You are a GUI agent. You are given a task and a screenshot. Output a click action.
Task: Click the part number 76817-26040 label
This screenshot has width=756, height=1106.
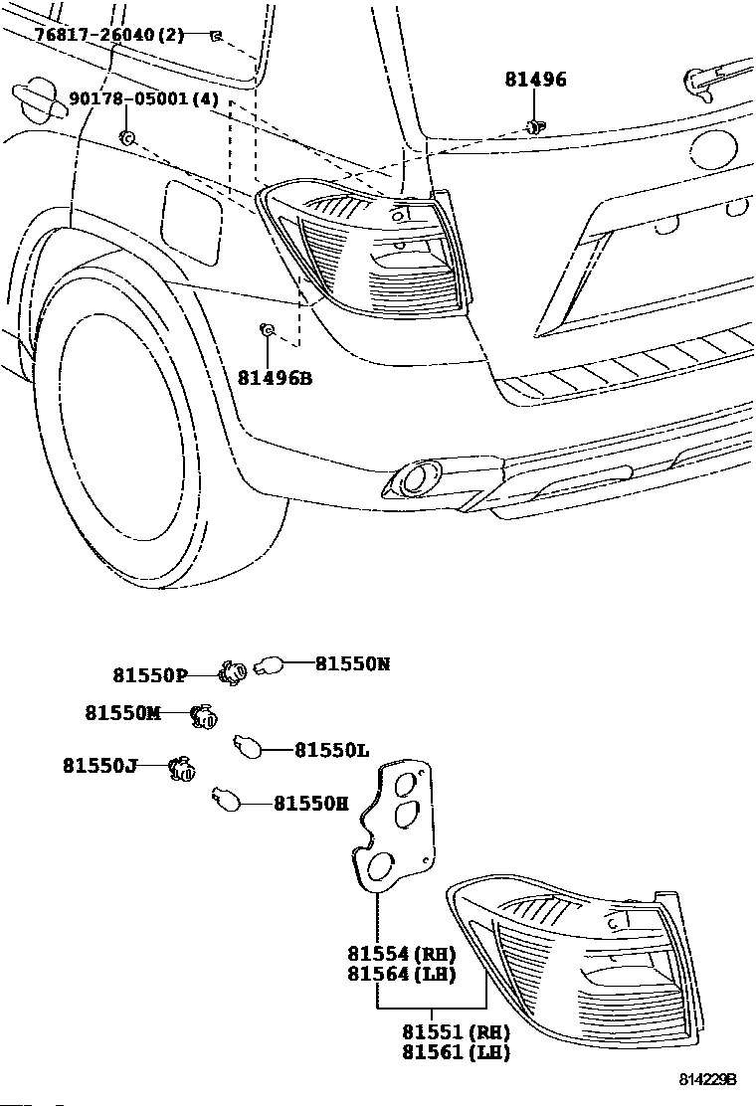[94, 34]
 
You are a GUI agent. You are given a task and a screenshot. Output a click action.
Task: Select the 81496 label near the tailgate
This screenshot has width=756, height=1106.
[535, 79]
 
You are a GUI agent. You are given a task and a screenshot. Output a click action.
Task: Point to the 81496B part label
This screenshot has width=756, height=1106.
[275, 378]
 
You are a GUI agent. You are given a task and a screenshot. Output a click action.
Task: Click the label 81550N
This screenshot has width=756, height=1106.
[352, 663]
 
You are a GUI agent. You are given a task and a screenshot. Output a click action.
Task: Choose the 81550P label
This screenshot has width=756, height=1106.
[150, 675]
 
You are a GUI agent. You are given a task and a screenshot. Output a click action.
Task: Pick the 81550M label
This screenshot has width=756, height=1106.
[122, 713]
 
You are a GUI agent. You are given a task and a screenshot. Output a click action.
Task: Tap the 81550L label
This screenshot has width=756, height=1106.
[331, 751]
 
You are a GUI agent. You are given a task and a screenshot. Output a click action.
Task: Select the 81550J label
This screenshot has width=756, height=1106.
[99, 765]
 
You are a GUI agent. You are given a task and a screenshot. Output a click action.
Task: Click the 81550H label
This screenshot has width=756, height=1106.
[311, 804]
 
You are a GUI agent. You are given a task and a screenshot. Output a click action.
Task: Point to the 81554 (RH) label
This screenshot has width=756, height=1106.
[401, 954]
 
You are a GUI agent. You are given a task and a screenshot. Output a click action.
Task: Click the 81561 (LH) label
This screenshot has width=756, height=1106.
[456, 1051]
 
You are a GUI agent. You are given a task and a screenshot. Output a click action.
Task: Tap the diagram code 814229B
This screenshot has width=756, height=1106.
[708, 1080]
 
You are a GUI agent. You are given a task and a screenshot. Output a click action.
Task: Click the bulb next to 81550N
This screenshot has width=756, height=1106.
[269, 664]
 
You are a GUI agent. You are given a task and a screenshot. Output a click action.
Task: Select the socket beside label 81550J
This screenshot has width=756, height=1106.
[181, 770]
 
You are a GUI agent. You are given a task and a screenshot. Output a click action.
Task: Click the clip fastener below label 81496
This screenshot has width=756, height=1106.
[535, 127]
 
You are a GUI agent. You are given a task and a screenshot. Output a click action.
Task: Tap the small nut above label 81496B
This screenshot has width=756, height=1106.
[267, 328]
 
